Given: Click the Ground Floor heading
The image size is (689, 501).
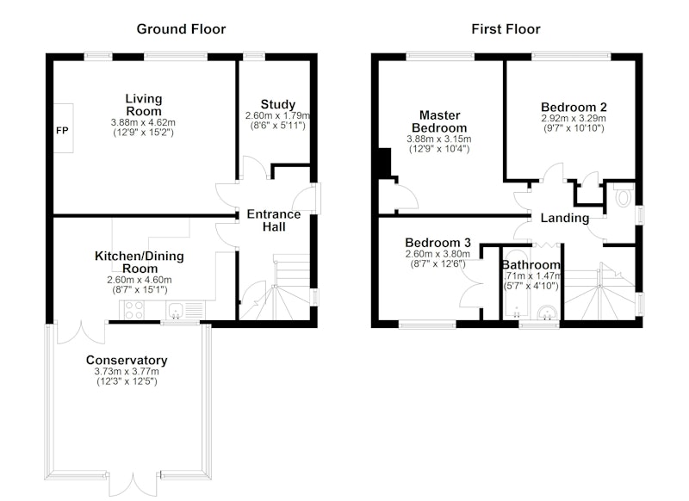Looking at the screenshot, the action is point(181,29).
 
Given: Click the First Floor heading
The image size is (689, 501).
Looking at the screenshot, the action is point(506,29).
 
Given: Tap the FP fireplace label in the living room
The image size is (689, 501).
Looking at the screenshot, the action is point(62,130).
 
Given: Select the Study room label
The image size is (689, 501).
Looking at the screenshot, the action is point(277,104).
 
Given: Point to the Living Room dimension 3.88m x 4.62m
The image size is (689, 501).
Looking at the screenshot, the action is point(143,122).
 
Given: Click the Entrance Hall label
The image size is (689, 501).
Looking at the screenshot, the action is point(274,220).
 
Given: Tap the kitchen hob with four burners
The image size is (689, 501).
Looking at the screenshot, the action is point(133,310).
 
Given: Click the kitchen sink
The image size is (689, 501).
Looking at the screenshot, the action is point(176,311).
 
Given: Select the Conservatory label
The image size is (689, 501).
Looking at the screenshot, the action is point(127,360).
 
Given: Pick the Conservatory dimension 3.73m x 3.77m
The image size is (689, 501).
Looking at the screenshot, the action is point(127,372).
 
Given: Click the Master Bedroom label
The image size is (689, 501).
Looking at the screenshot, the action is point(439,121).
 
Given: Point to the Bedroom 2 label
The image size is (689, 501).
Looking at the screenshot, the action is point(574,107).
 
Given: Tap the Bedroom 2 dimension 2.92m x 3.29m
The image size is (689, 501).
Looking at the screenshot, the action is point(574,119).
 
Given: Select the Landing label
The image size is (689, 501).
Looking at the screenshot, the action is point(565,218).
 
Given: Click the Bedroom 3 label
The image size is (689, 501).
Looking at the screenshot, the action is point(438,243).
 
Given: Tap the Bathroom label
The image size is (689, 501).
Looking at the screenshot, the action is point(531,265).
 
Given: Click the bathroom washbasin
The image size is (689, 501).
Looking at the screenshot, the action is point(547,312).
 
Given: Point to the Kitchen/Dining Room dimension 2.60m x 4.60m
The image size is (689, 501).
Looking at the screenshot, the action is point(140,280).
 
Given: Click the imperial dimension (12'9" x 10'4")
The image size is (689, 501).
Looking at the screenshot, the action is point(439,149).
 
